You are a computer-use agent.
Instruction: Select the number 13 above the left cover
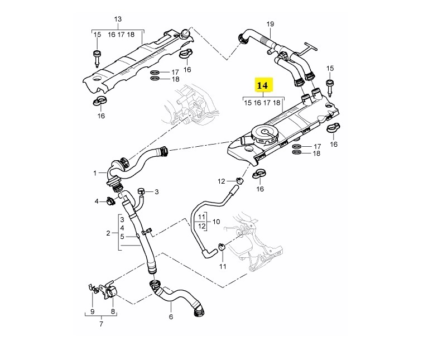click(x=118, y=19)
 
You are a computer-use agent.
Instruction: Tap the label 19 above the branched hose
click(x=271, y=23)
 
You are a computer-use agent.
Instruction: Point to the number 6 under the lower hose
click(x=171, y=317)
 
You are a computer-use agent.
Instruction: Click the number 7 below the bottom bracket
click(x=101, y=324)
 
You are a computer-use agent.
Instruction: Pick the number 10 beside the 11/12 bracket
click(x=216, y=222)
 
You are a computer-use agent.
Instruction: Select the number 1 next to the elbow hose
click(x=95, y=173)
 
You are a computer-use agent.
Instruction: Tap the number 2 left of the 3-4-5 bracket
click(x=108, y=232)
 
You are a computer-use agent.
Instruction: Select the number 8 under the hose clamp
click(x=112, y=311)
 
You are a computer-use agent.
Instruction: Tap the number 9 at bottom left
click(x=91, y=311)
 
